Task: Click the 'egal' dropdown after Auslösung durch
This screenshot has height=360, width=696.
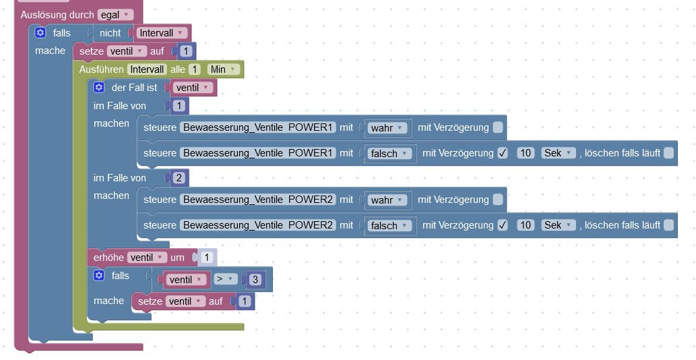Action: (x=115, y=14)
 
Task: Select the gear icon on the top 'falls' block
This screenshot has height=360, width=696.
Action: (x=40, y=33)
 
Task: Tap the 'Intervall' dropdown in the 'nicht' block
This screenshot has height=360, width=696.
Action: (x=161, y=33)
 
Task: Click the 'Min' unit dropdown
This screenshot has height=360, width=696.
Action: (x=224, y=69)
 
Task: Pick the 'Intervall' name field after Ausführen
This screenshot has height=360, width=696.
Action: (x=147, y=69)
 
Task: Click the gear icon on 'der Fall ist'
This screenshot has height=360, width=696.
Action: (x=99, y=88)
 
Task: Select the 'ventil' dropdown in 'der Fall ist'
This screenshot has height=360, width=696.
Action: (x=193, y=88)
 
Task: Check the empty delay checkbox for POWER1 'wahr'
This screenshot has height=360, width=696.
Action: (x=497, y=127)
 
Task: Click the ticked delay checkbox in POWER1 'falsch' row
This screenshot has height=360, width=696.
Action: (x=503, y=153)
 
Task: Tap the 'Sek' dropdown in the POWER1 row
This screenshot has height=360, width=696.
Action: (x=559, y=153)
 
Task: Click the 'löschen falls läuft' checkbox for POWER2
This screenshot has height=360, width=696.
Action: (x=668, y=225)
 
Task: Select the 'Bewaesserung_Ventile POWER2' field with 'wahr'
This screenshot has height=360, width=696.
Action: (x=258, y=200)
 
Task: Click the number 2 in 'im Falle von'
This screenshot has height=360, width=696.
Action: (x=179, y=178)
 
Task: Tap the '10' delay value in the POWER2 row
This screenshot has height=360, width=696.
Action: (x=526, y=225)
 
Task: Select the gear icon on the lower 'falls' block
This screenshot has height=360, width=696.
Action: (x=99, y=276)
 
